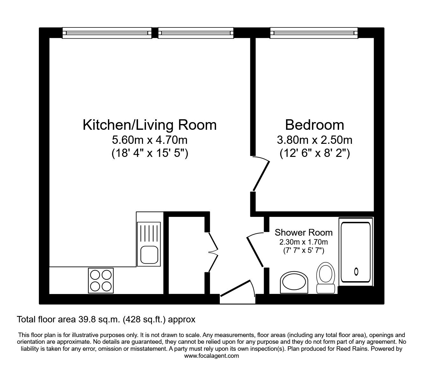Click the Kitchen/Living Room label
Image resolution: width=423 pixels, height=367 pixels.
tap(150, 125)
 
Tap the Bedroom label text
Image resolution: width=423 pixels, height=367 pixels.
tap(314, 125)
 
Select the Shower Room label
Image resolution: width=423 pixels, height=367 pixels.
tap(304, 232)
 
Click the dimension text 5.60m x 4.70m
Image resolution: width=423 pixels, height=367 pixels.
tap(150, 140)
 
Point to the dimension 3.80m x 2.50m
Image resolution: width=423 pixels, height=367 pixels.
tap(314, 140)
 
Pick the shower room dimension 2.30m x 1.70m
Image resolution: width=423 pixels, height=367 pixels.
tap(304, 242)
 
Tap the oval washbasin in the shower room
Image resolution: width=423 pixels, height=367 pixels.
tap(294, 283)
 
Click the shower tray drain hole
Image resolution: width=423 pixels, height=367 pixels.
tap(356, 272)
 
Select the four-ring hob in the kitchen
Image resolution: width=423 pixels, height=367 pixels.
tap(101, 281)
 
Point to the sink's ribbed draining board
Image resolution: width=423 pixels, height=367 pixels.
tap(149, 234)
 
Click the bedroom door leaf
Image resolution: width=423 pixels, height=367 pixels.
tap(261, 176)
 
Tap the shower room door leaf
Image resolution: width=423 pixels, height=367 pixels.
tap(255, 252)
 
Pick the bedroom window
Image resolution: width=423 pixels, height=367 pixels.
tap(314, 33)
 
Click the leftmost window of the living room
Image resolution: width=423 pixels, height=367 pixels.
tap(107, 33)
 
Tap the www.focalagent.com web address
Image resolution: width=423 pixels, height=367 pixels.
tap(211, 356)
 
